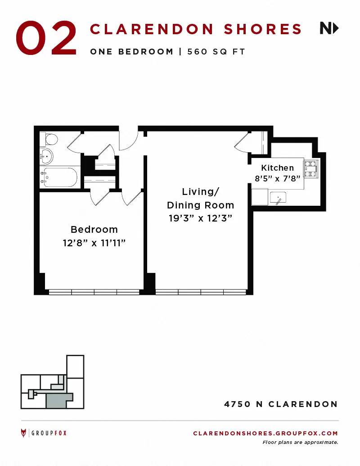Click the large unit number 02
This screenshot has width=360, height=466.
pos(46,38)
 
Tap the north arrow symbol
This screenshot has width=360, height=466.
pos(329,28)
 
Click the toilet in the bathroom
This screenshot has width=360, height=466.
pos(49,139)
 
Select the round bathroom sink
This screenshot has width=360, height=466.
pos(46,156)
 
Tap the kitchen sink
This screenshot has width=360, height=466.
pos(278,198)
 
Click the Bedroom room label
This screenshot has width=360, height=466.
pos(94,230)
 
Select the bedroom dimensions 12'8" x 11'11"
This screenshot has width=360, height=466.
pos(94,243)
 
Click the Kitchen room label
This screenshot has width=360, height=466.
pos(278,167)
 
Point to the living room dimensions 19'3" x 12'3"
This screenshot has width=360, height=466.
pos(200,218)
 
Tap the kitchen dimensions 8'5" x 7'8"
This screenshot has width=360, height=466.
pos(278,178)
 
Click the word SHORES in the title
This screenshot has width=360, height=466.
pos(263,29)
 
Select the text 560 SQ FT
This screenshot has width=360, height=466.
pos(216,51)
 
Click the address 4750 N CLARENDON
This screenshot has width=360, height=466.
pos(281,404)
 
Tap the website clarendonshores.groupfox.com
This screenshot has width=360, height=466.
pos(265,433)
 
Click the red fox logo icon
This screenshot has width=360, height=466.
pos(23,433)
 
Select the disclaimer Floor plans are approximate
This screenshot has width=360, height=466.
pos(300,442)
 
